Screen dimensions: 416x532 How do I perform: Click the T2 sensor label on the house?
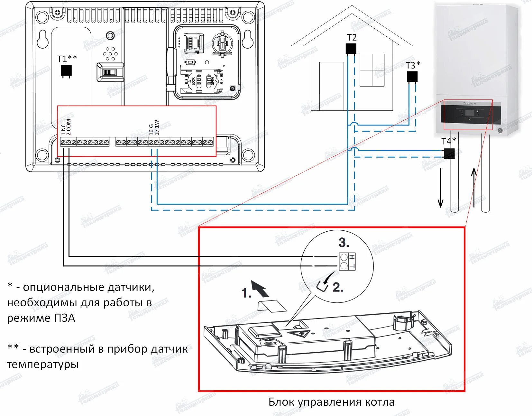(x=352, y=38)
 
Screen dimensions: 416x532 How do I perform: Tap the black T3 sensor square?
(x=412, y=77)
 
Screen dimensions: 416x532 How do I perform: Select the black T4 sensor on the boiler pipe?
(x=449, y=153)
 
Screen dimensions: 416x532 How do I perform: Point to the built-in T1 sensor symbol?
(x=66, y=71)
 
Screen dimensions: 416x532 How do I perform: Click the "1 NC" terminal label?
(x=63, y=129)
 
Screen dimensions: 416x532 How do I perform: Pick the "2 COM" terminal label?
(x=69, y=127)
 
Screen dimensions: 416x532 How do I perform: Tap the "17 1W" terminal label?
(x=157, y=127)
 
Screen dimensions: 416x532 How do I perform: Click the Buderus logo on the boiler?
(x=470, y=103)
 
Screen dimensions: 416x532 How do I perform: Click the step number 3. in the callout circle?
(x=344, y=243)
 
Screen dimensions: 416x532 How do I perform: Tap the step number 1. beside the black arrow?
(x=246, y=293)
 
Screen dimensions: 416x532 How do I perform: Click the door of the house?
(x=331, y=86)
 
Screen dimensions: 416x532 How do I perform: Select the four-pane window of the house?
(x=372, y=70)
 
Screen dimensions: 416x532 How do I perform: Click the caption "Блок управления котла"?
(x=331, y=402)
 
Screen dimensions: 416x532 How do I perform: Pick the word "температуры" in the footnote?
(x=43, y=365)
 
